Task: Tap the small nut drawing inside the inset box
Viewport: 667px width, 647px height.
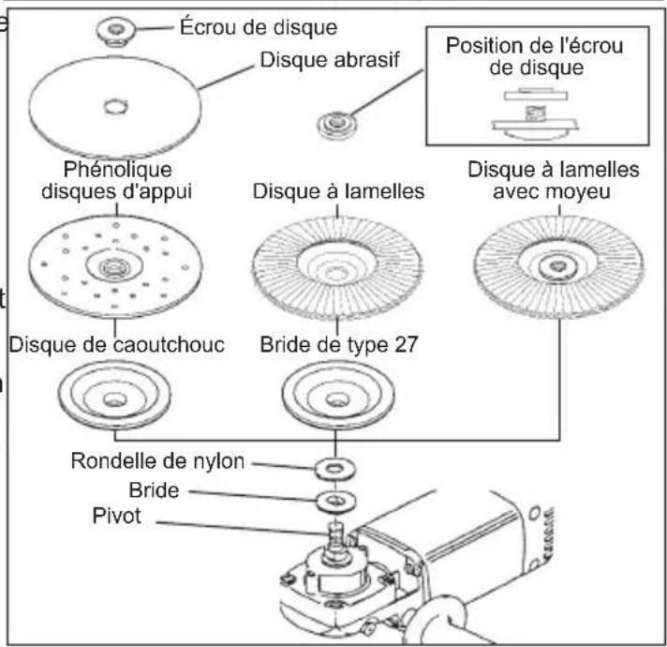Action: coord(532,115)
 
